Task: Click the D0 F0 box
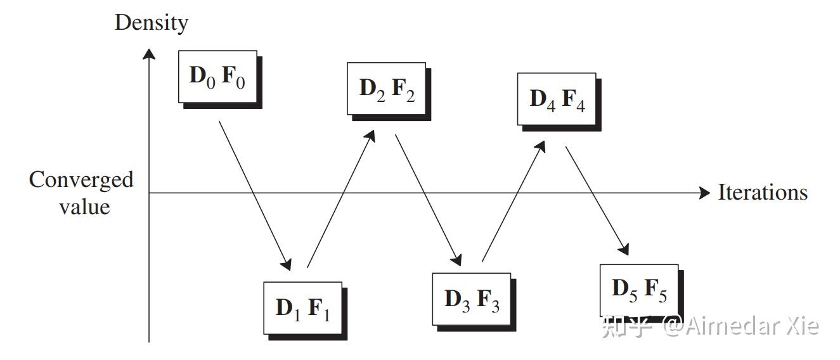point(217,77)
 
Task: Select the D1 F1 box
point(303,308)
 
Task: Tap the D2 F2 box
point(387,88)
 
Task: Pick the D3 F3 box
point(472,299)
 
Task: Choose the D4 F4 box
point(557,99)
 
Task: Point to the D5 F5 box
point(639,290)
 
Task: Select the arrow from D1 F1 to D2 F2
point(340,198)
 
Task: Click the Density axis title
point(152,23)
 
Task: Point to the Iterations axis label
point(763,192)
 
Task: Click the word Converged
point(81,180)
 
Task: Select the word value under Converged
point(85,207)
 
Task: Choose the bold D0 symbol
point(202,76)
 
